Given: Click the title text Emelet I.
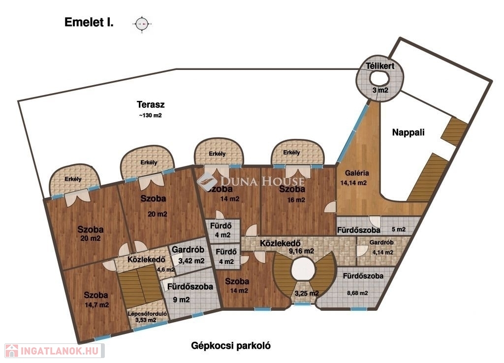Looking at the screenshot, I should tap(89, 23).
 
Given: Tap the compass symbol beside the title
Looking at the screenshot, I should tap(142, 23).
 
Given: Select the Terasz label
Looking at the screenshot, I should tap(150, 104).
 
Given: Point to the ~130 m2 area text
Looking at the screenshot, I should tap(150, 116).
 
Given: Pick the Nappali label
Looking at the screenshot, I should tap(408, 132).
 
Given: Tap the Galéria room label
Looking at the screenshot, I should tap(357, 173).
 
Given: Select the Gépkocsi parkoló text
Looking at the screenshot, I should tap(231, 345).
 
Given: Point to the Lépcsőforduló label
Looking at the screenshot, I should tap(147, 313).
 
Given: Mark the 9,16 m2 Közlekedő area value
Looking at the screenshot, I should tap(301, 251).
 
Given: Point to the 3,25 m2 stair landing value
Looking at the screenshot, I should tap(306, 294).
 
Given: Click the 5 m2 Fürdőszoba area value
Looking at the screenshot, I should tap(399, 230).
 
